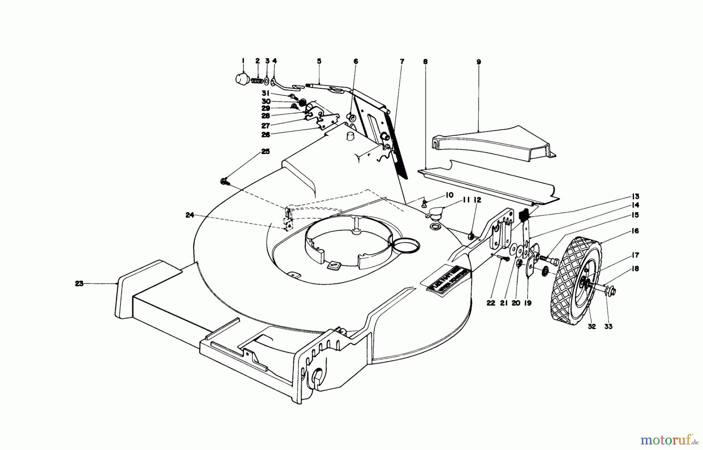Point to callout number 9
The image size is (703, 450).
pos(479,62)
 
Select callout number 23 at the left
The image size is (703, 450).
pos(79,284)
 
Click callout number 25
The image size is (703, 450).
pos(265,152)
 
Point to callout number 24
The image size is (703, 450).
pos(190,215)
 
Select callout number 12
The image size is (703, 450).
pos(478,200)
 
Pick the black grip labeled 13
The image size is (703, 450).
pos(524,215)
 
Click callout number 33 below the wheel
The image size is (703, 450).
pos(609,326)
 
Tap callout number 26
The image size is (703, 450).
pos(265,135)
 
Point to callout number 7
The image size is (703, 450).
pos(402,61)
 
